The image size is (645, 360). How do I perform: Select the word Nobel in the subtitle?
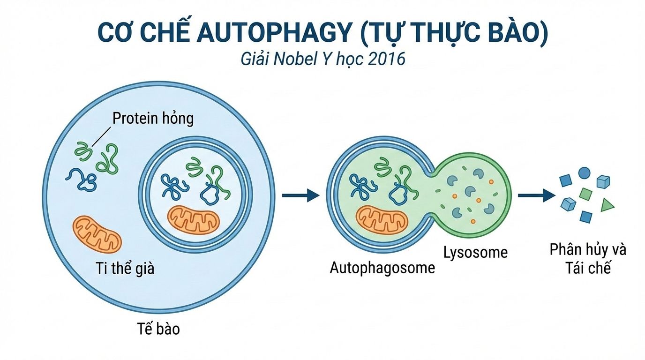click(305, 60)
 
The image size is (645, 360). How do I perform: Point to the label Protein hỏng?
click(153, 118)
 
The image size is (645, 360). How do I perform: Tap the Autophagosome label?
click(382, 268)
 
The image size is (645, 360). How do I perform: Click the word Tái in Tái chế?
click(575, 268)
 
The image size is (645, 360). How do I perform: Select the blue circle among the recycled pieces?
click(584, 172)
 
